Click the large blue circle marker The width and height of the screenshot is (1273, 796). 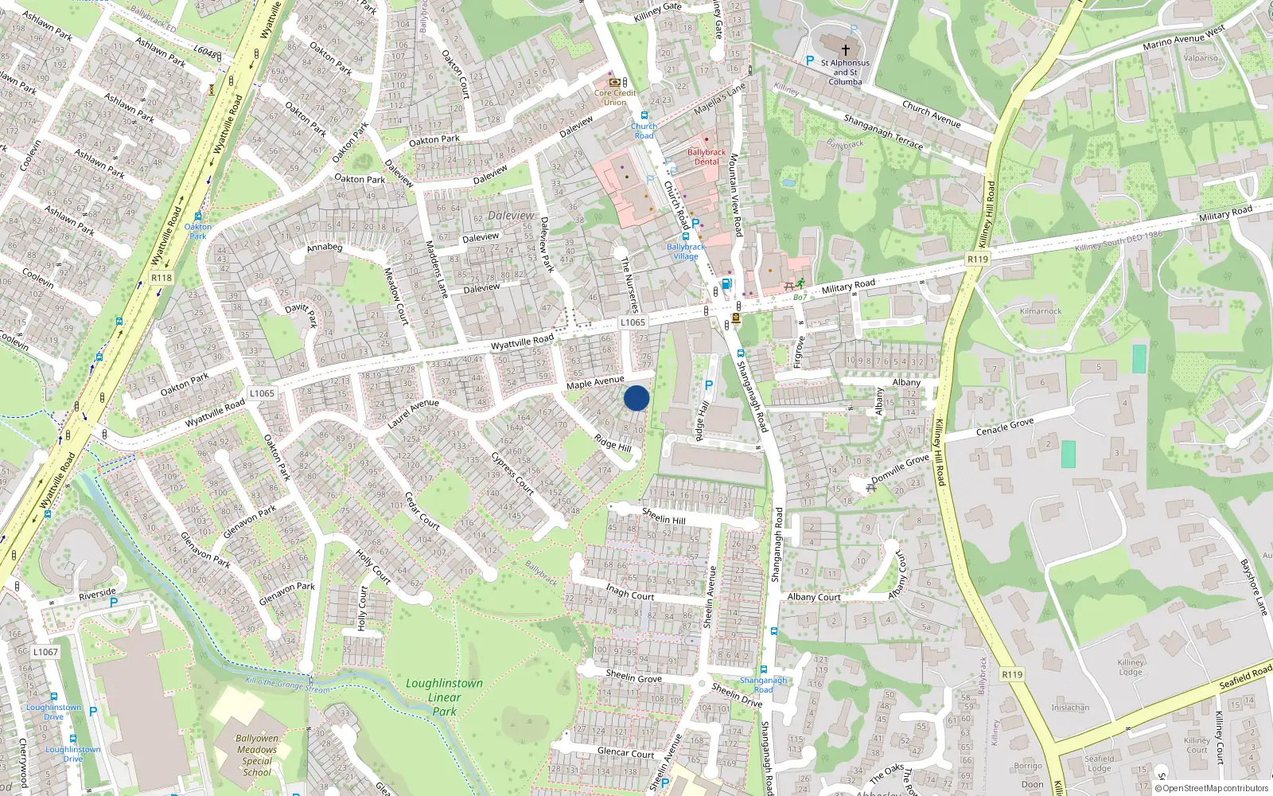point(636,398)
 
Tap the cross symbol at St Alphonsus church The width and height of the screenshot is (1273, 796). point(845,49)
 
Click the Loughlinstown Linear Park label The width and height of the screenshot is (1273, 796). point(444,697)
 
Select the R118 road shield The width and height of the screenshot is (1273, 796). point(162,278)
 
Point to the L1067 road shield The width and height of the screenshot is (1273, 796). point(45,652)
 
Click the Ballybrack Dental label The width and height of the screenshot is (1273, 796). point(707,157)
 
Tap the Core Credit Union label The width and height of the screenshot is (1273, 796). point(615,97)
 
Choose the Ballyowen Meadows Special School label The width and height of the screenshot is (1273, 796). point(257,755)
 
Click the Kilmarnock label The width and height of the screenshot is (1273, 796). point(1041,311)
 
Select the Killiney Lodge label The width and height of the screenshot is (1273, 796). point(1131,667)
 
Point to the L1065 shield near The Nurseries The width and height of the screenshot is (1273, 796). point(633,322)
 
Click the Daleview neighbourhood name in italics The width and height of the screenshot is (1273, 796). point(511,216)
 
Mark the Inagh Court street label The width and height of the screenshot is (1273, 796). point(630,592)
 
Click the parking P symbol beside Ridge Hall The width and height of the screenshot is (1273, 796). point(709,386)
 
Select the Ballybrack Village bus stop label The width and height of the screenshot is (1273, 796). point(686,252)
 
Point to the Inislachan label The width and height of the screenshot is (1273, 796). point(1070,708)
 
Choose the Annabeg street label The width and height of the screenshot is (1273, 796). point(325,248)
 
